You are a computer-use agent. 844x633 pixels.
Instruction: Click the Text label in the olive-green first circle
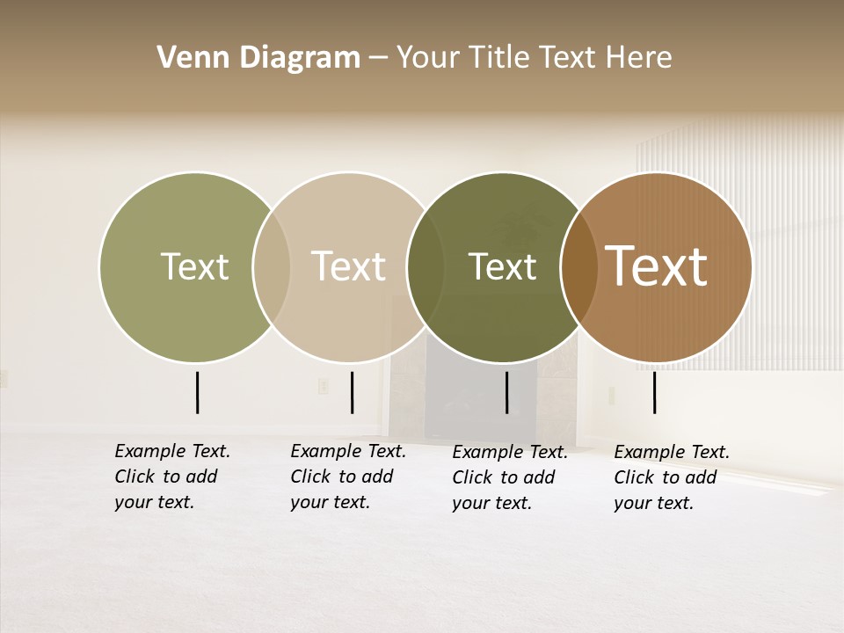click(194, 266)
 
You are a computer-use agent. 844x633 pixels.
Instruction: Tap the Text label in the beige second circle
click(349, 266)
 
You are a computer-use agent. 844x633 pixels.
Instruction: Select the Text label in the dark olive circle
click(502, 266)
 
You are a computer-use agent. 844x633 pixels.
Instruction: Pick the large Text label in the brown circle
click(657, 266)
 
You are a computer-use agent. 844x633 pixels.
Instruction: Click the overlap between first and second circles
click(272, 266)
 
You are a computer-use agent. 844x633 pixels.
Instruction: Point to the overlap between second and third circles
click(426, 266)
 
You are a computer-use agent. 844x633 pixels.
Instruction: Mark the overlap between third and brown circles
click(578, 266)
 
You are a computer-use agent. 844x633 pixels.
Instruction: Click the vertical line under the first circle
click(198, 392)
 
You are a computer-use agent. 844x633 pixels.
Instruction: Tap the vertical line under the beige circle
click(352, 392)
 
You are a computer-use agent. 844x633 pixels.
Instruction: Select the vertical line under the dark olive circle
click(507, 392)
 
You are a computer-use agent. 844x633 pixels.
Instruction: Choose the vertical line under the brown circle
click(655, 392)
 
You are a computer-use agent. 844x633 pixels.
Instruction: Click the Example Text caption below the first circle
click(171, 477)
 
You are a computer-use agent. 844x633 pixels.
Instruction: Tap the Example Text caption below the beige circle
click(347, 477)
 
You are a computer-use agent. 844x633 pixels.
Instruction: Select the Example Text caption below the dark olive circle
click(509, 477)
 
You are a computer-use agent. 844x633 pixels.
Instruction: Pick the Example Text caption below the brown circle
click(671, 477)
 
